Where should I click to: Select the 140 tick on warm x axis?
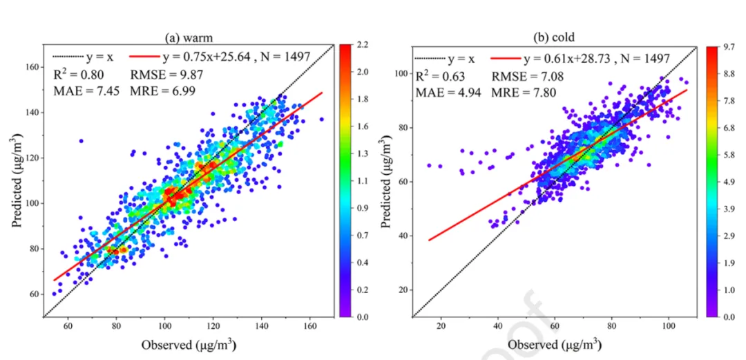click(262, 326)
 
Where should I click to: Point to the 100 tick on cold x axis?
click(669, 326)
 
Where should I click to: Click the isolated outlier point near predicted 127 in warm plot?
click(81, 141)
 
